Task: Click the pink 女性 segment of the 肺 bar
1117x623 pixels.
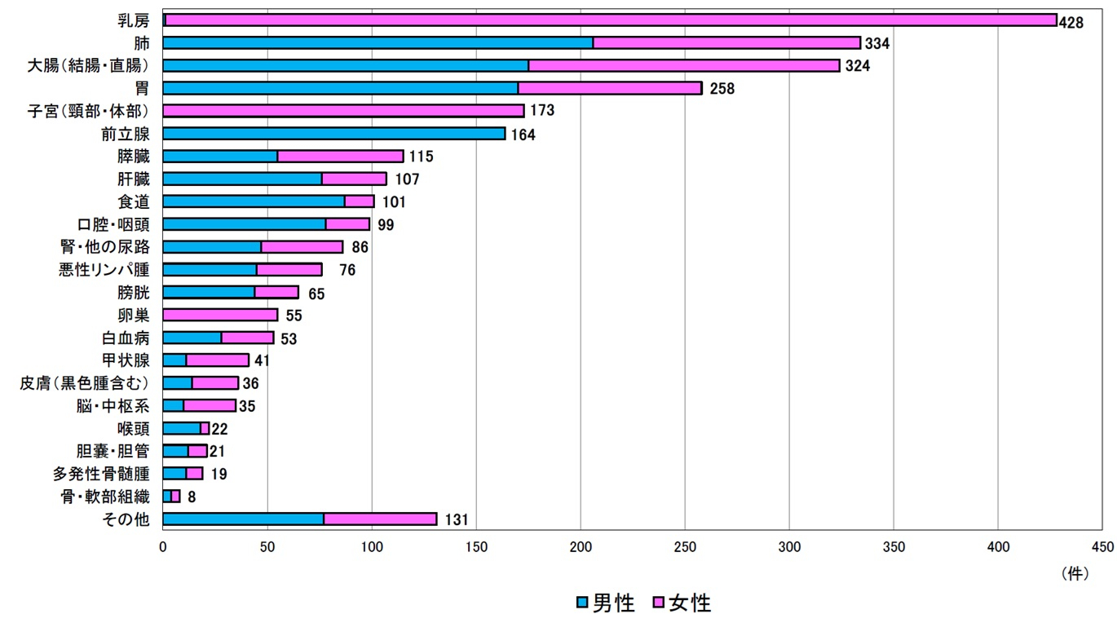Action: [726, 42]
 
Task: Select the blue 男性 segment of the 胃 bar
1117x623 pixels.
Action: [341, 88]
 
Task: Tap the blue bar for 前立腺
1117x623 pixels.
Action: [334, 134]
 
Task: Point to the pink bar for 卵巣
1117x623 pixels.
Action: [220, 315]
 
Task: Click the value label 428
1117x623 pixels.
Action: [1071, 22]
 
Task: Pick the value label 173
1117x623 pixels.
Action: [541, 111]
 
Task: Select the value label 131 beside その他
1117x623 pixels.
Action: [457, 519]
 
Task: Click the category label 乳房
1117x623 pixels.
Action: [134, 20]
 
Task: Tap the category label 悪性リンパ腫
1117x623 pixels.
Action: [104, 270]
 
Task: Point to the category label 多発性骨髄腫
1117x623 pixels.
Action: [101, 474]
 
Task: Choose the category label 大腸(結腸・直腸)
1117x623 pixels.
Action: [89, 66]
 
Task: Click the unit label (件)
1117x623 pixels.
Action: [1075, 573]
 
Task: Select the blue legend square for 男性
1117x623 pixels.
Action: [581, 603]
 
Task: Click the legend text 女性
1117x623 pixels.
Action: [690, 603]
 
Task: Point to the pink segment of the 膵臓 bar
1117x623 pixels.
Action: [340, 157]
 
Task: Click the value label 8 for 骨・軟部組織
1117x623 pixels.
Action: [192, 496]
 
